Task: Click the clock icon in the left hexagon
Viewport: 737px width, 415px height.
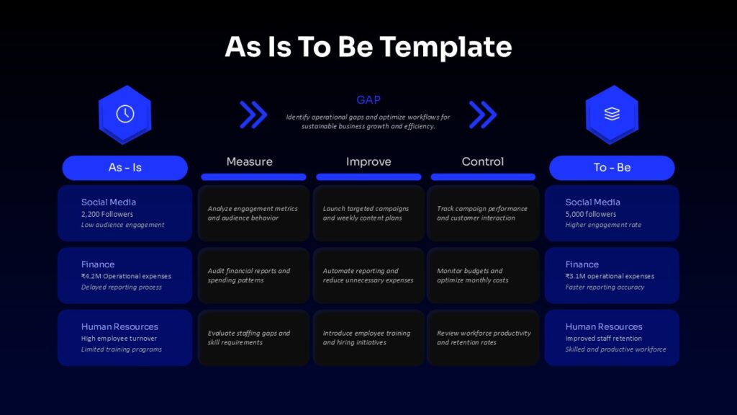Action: [125, 114]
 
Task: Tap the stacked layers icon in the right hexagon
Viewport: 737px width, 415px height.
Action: [612, 114]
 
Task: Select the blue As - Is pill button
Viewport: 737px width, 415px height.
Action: [125, 167]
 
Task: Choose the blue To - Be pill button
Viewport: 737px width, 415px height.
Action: [612, 167]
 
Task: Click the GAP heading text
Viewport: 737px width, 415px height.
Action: [368, 99]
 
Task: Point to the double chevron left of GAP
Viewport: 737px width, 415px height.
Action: [253, 115]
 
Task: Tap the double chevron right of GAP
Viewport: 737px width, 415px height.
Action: [483, 115]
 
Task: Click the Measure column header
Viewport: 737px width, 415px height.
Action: [250, 162]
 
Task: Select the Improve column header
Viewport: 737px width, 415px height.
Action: [368, 162]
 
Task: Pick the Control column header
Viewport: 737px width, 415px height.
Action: [483, 162]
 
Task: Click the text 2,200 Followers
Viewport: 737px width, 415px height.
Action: [107, 214]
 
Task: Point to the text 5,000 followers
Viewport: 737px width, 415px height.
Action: [591, 214]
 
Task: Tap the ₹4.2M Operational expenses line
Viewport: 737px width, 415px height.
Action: [126, 276]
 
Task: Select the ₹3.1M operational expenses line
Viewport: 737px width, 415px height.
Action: [610, 276]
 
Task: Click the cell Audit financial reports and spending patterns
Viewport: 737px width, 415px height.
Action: [253, 275]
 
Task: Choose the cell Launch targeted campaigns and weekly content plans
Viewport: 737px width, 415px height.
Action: [368, 213]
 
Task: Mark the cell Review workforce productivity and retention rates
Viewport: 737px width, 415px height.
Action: [483, 337]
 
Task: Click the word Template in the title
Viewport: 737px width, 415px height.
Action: [446, 47]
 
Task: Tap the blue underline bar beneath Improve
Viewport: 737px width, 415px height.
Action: [368, 177]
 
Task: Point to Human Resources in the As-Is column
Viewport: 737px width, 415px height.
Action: [119, 326]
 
